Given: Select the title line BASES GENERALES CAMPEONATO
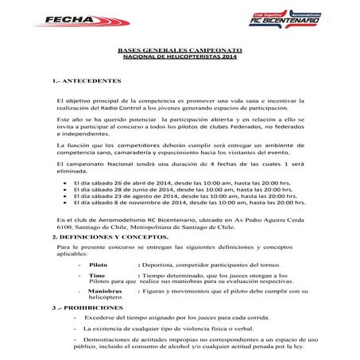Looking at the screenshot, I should [x=180, y=50].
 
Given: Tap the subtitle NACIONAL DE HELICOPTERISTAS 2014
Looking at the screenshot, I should [x=180, y=57].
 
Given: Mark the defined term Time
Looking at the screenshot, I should [x=98, y=274].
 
